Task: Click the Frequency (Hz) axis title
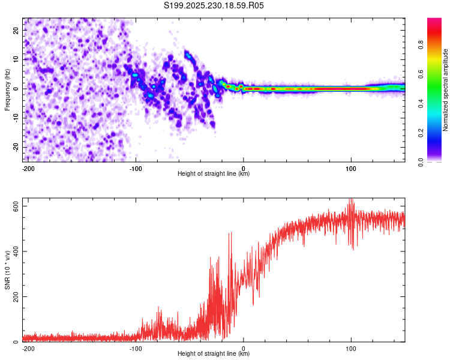pyautogui.click(x=7, y=89)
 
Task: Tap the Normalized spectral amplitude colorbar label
pyautogui.click(x=446, y=90)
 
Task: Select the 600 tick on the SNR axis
pyautogui.click(x=14, y=206)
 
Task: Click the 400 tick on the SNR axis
pyautogui.click(x=14, y=251)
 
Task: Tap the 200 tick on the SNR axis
pyautogui.click(x=14, y=296)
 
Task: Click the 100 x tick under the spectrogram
pyautogui.click(x=352, y=167)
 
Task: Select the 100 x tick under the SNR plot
pyautogui.click(x=352, y=347)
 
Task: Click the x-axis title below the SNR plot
pyautogui.click(x=214, y=354)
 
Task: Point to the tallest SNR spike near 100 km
pyautogui.click(x=352, y=200)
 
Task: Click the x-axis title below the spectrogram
pyautogui.click(x=214, y=174)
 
